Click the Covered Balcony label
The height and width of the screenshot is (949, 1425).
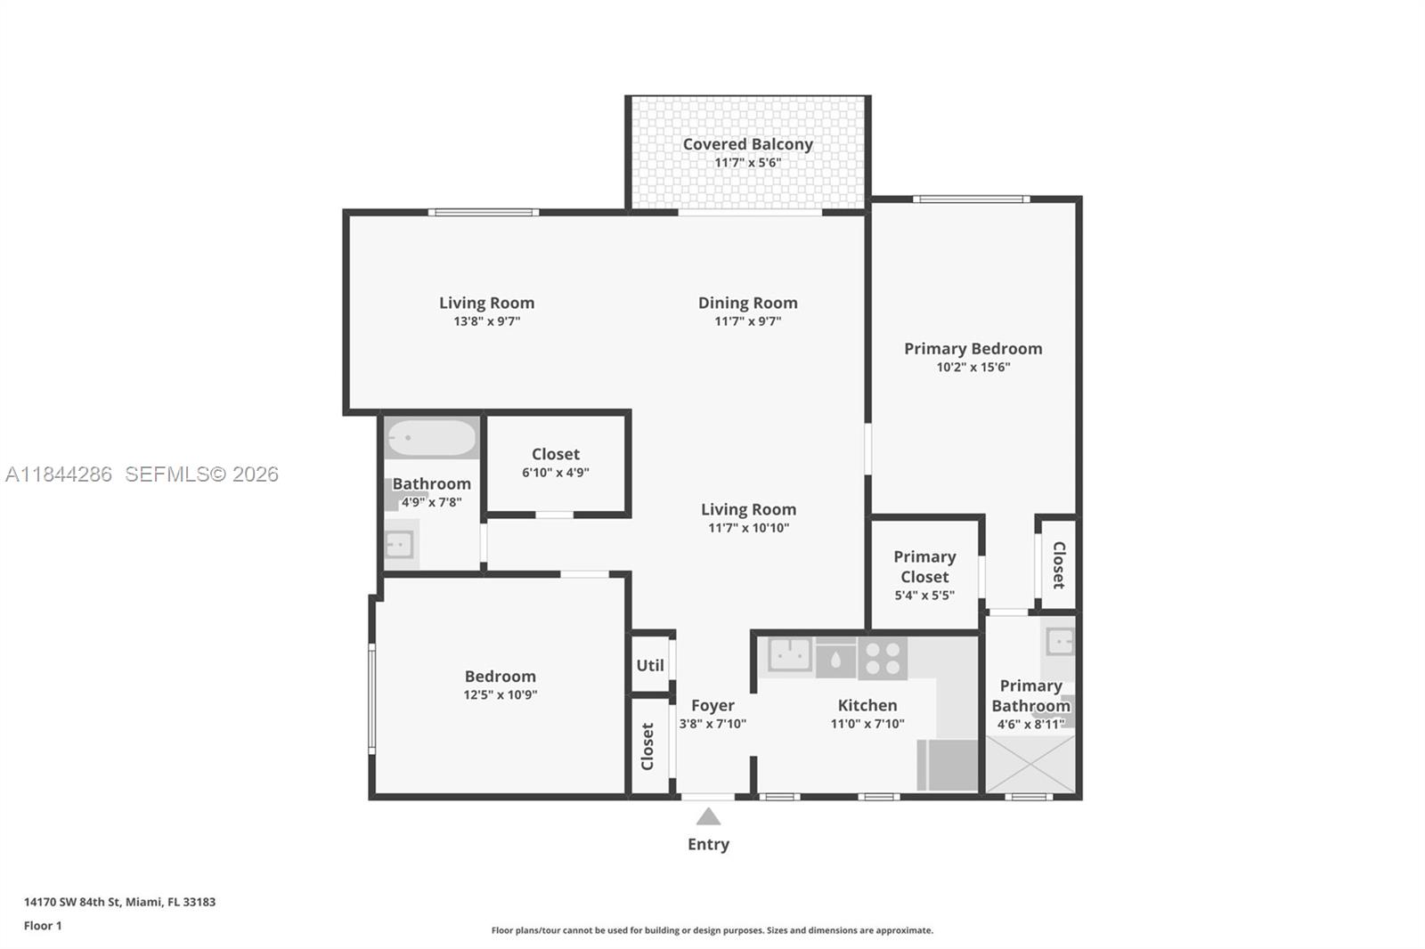coord(747,144)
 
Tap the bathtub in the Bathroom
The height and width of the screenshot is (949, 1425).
coord(431,438)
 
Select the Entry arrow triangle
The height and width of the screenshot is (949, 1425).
coord(708,816)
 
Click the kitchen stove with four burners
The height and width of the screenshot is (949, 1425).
coord(883,659)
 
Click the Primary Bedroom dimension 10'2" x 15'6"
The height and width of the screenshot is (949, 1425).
coord(973,367)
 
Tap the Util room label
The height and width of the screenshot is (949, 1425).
coord(650,665)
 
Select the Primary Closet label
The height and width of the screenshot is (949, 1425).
coord(924,566)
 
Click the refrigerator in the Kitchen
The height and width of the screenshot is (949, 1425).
coord(948,765)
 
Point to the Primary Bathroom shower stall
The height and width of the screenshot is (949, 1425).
coord(1030,764)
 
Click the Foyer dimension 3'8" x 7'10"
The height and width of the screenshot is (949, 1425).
coord(712,724)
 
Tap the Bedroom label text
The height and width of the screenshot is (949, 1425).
coord(500,677)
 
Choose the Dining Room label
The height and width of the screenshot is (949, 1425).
coord(747,303)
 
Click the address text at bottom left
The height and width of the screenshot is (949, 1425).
coord(119,902)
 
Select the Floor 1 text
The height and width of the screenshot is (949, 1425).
coord(43,926)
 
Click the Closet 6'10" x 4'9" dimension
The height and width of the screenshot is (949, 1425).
coord(555,473)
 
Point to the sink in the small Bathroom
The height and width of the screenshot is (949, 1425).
coord(398,543)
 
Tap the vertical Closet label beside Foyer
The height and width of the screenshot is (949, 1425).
coord(647,746)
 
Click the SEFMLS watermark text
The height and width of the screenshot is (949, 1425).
coord(201,474)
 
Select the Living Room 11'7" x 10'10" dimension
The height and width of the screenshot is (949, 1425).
coord(748,528)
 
